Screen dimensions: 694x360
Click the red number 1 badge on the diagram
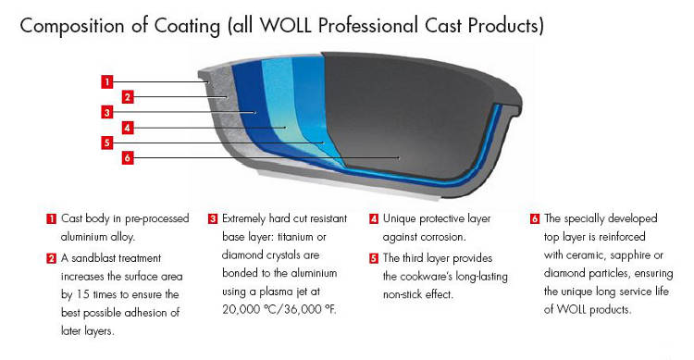(x=107, y=81)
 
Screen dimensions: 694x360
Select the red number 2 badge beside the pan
(x=130, y=96)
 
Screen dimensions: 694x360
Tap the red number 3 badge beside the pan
(x=107, y=112)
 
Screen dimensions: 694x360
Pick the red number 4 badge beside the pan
(x=130, y=128)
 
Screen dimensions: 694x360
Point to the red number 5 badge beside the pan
(x=107, y=143)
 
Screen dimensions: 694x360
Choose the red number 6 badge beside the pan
(x=130, y=158)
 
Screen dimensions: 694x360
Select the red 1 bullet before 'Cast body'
(x=52, y=219)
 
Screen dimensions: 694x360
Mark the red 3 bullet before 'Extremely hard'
(x=213, y=219)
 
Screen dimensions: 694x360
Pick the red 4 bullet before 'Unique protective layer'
(x=374, y=219)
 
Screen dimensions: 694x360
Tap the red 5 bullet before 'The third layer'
(x=374, y=258)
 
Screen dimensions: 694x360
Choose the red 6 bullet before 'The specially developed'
(x=535, y=219)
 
